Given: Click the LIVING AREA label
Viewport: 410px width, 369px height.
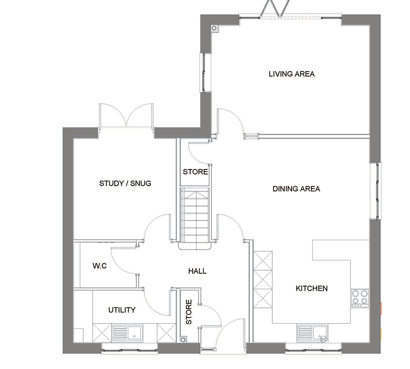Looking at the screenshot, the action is coord(292,74).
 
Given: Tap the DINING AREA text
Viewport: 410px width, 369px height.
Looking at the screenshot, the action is coord(296,189).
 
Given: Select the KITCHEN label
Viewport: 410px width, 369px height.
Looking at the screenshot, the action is coord(312,289).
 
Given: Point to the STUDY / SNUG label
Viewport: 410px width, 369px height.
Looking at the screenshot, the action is coord(125,183).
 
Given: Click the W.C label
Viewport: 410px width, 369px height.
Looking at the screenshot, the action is coord(100,266).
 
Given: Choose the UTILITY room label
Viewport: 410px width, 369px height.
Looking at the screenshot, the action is coord(122,310).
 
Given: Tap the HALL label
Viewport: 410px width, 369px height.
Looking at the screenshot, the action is coord(198,271).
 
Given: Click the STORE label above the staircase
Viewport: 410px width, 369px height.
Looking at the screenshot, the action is coord(195,172).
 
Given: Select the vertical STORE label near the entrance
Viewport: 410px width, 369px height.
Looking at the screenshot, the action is coord(189,312).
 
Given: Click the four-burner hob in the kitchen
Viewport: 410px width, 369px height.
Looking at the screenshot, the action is coord(360,298).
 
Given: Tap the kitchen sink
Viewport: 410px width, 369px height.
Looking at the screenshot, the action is coord(312,333).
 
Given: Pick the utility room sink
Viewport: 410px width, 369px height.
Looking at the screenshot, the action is coord(128,333).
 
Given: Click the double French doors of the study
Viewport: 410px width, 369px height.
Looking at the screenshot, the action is coord(126,116).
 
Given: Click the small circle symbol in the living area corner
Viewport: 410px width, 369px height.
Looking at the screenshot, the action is coord(214,28).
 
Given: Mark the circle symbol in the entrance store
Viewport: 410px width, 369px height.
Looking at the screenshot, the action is coord(183,340).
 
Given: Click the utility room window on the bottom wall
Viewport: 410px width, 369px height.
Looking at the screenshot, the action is coord(130,348).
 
